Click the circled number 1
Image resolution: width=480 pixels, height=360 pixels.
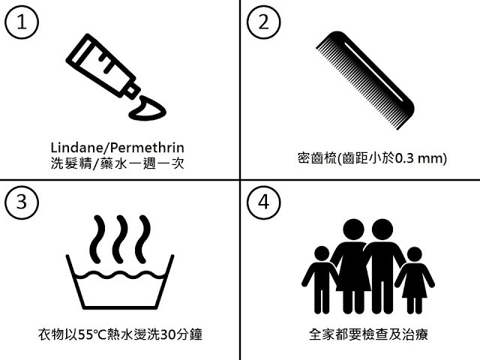point(22,22)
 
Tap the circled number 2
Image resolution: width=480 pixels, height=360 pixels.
point(263,22)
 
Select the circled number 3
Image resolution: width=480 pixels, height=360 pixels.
point(22,202)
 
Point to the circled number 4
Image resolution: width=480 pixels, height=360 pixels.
point(263,202)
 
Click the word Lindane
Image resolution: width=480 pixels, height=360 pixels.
point(76,148)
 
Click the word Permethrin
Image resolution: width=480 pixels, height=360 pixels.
point(147,148)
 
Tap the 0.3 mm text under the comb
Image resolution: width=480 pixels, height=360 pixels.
point(419,158)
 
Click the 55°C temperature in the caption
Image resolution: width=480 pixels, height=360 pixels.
point(91,334)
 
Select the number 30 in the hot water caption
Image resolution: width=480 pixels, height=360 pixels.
point(166,334)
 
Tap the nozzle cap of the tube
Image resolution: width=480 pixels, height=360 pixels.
point(131,90)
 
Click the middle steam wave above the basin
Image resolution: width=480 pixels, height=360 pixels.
point(120,239)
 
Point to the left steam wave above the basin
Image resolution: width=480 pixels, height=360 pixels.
point(97,239)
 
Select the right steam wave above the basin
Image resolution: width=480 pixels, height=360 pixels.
point(142,239)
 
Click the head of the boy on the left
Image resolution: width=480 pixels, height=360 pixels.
point(322,253)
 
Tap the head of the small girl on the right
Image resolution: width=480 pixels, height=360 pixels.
point(414,255)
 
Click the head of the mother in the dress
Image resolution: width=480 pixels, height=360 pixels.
point(353,229)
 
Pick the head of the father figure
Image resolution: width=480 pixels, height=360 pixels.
point(382,229)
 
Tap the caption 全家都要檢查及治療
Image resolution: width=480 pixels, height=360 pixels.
point(368,334)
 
